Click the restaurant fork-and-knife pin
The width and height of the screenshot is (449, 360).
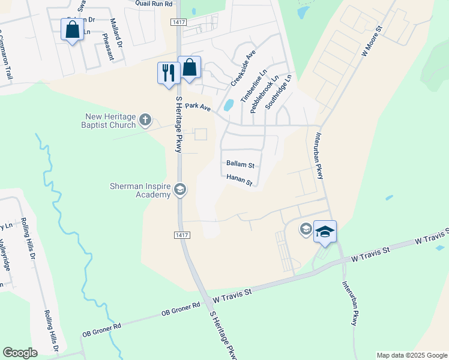click(x=167, y=72)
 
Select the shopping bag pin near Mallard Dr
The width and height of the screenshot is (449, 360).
click(x=72, y=30)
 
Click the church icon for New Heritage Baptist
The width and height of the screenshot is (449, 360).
click(x=145, y=121)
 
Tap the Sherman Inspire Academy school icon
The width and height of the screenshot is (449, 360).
click(x=179, y=191)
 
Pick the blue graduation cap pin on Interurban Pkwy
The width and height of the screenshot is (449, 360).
click(x=325, y=232)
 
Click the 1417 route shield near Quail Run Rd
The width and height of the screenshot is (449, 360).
click(x=178, y=22)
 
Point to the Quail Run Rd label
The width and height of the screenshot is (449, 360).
click(x=154, y=4)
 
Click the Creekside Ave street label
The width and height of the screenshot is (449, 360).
click(x=243, y=68)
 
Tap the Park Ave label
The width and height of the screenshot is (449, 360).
click(x=198, y=106)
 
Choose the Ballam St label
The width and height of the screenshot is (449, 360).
click(x=241, y=164)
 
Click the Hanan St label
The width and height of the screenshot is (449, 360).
click(x=240, y=180)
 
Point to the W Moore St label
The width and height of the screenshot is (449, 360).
click(x=372, y=41)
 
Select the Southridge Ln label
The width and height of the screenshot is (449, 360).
click(x=279, y=91)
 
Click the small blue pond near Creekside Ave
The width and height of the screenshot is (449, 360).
click(x=228, y=106)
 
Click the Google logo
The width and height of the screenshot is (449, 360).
click(x=20, y=353)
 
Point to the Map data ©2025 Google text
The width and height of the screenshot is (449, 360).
click(x=412, y=355)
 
